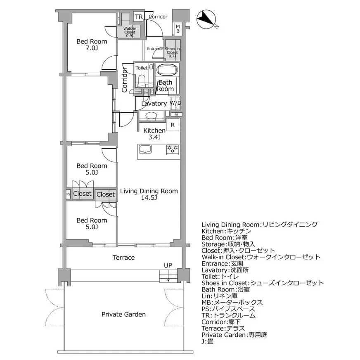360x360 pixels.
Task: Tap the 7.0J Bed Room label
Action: tap(92, 45)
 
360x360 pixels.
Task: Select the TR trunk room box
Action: tap(139, 17)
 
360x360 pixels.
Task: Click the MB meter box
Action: tap(178, 29)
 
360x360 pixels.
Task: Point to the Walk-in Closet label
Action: tap(130, 32)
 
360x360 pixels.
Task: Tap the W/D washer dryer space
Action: tap(175, 103)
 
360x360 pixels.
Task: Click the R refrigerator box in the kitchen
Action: tap(173, 125)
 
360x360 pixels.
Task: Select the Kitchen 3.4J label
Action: tap(154, 134)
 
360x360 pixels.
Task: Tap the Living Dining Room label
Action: tap(149, 194)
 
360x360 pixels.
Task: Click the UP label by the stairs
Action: tap(168, 265)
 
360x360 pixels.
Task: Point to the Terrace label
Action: tap(124, 258)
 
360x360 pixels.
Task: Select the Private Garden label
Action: tap(123, 315)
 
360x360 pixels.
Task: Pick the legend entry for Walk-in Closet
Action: tap(261, 257)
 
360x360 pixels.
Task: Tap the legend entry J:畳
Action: tap(207, 341)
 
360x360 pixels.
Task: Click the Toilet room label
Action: tap(142, 68)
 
